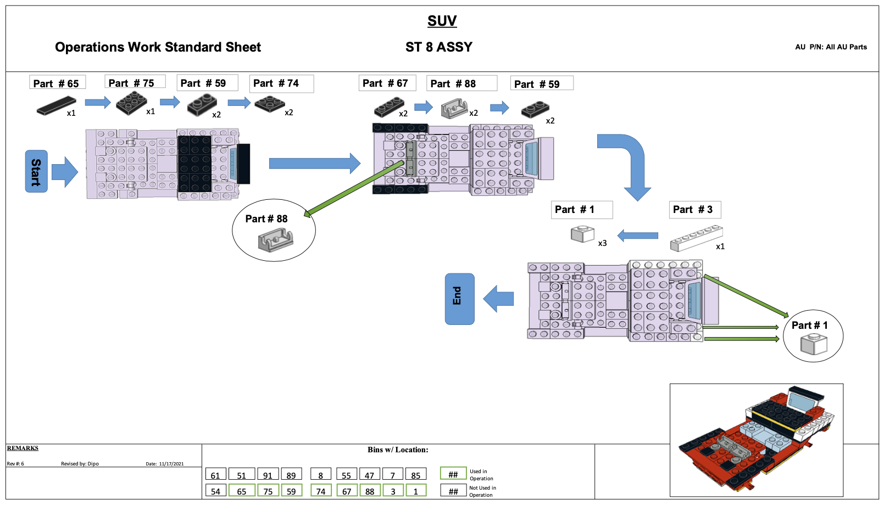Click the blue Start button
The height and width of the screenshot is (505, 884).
(x=36, y=171)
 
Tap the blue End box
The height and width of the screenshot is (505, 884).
(x=459, y=299)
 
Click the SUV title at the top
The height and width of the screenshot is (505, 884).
(x=442, y=21)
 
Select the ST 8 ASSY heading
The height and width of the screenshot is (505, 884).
(x=438, y=47)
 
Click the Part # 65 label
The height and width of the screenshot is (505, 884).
(x=57, y=83)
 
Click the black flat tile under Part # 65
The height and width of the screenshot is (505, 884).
(x=56, y=105)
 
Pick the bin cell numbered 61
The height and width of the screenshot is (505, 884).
(x=215, y=475)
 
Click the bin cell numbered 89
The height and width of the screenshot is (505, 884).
(x=291, y=475)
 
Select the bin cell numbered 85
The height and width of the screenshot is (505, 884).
(x=416, y=475)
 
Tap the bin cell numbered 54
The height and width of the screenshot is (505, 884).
(x=215, y=491)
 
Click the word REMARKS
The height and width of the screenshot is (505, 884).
(x=23, y=448)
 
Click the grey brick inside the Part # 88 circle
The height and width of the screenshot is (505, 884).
(x=276, y=239)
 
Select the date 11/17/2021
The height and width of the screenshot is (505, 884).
(x=171, y=464)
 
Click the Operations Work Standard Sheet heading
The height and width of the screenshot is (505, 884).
(x=158, y=47)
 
